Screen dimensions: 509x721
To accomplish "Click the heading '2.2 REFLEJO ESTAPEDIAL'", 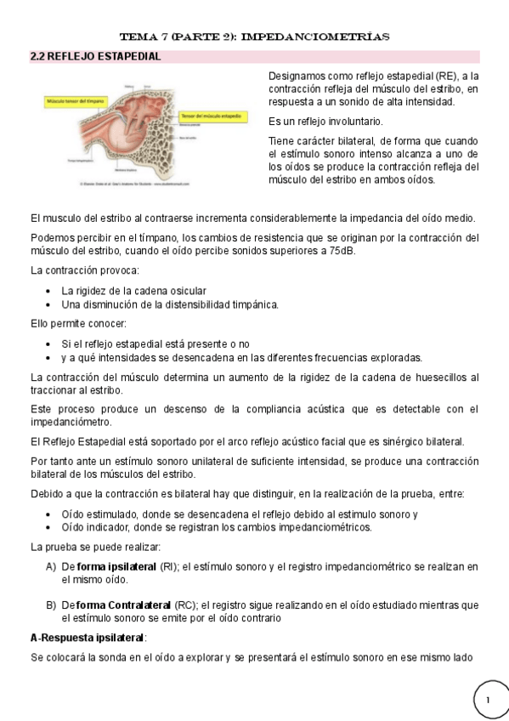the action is click(x=95, y=57).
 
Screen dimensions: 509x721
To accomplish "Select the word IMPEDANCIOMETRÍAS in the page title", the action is click(x=326, y=37).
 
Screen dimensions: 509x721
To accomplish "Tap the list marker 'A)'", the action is click(x=51, y=566).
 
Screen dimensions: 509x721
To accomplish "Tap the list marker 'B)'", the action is click(x=51, y=605).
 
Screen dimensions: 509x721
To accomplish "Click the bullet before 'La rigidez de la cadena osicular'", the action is click(x=50, y=291).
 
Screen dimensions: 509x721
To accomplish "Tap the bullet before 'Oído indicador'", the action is click(x=50, y=527).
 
